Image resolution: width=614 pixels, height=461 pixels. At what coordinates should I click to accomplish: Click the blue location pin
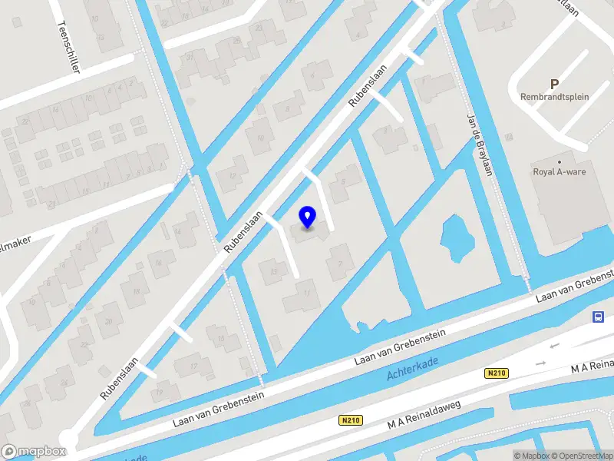point(308,217)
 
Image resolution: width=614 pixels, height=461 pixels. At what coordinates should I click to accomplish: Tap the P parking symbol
point(554,84)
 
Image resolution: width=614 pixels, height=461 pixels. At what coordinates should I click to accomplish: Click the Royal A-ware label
point(560,171)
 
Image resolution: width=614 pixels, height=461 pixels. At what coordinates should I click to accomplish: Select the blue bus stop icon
point(598,317)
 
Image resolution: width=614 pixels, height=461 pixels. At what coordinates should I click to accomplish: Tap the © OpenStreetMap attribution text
point(581,456)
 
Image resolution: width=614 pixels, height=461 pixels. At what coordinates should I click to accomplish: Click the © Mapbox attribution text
point(530,456)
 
